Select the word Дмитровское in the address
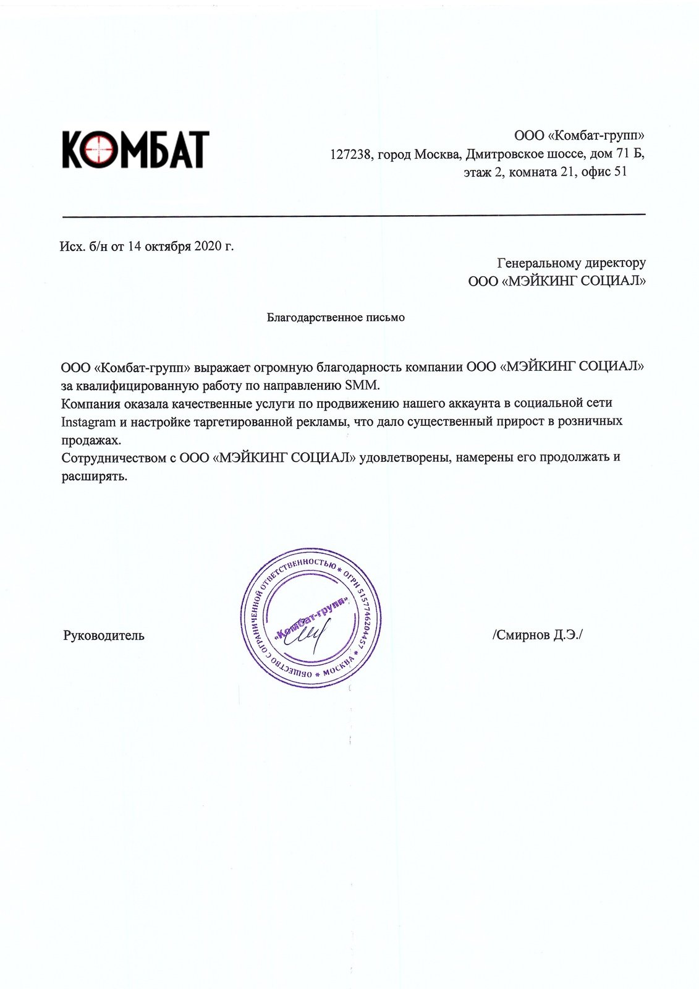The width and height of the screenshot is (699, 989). pos(504,154)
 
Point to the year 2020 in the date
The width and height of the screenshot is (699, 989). pos(207,246)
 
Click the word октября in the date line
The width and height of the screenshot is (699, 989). pos(169,246)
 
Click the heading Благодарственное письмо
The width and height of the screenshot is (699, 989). pos(336,318)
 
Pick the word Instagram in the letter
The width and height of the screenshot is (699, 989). pos(89,422)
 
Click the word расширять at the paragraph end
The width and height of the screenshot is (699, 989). pos(94,477)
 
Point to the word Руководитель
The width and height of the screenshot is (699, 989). pos(104,635)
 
